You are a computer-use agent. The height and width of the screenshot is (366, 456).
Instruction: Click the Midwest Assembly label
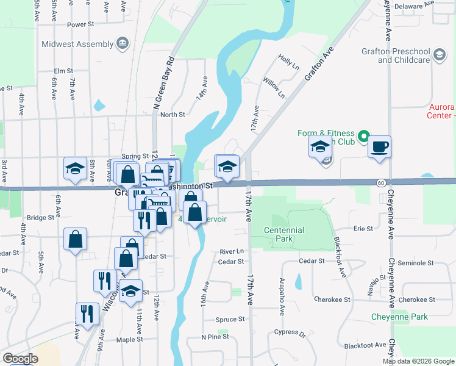point(77,44)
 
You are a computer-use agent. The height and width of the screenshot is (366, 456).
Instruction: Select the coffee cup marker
point(379,147)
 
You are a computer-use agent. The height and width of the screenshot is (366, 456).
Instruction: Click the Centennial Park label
point(283,234)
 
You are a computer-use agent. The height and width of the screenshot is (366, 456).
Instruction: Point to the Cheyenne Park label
point(399,317)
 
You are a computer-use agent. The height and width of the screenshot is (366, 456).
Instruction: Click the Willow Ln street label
point(274,87)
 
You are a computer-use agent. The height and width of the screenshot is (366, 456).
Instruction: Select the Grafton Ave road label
point(321,64)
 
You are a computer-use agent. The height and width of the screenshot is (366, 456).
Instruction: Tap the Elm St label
point(63,71)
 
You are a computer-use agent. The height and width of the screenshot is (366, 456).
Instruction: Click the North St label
point(173,114)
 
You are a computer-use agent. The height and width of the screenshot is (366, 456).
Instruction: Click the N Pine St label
point(215,337)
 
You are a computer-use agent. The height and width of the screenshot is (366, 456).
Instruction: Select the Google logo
point(20,358)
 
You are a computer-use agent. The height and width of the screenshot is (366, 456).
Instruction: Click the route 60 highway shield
point(380,182)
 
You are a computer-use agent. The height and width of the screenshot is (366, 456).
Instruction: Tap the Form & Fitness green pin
point(364,136)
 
